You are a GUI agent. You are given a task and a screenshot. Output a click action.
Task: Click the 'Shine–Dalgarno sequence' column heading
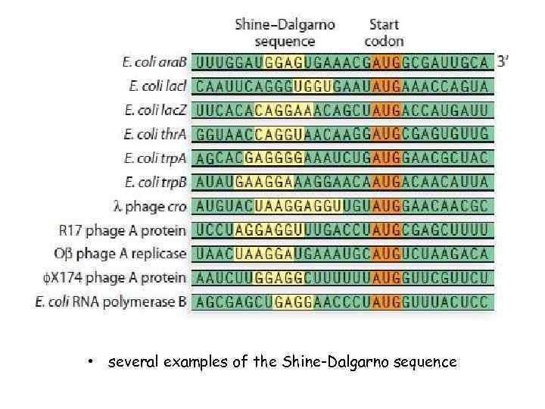click(285, 32)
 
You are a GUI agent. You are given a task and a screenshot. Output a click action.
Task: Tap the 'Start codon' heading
click(384, 32)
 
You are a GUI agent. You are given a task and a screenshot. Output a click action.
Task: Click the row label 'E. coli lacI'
click(160, 86)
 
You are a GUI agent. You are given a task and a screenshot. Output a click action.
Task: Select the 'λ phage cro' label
click(148, 206)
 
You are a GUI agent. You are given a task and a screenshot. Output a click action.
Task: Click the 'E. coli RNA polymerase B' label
click(111, 302)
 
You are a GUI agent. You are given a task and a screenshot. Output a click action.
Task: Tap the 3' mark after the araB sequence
click(503, 61)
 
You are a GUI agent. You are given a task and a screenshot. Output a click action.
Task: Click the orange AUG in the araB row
click(387, 61)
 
